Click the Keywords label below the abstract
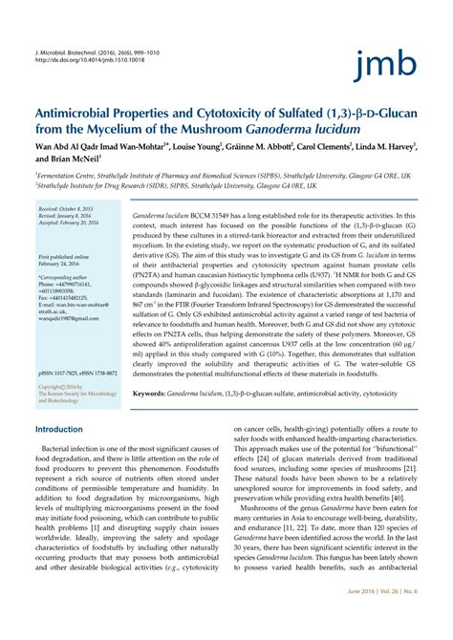click(154, 393)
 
